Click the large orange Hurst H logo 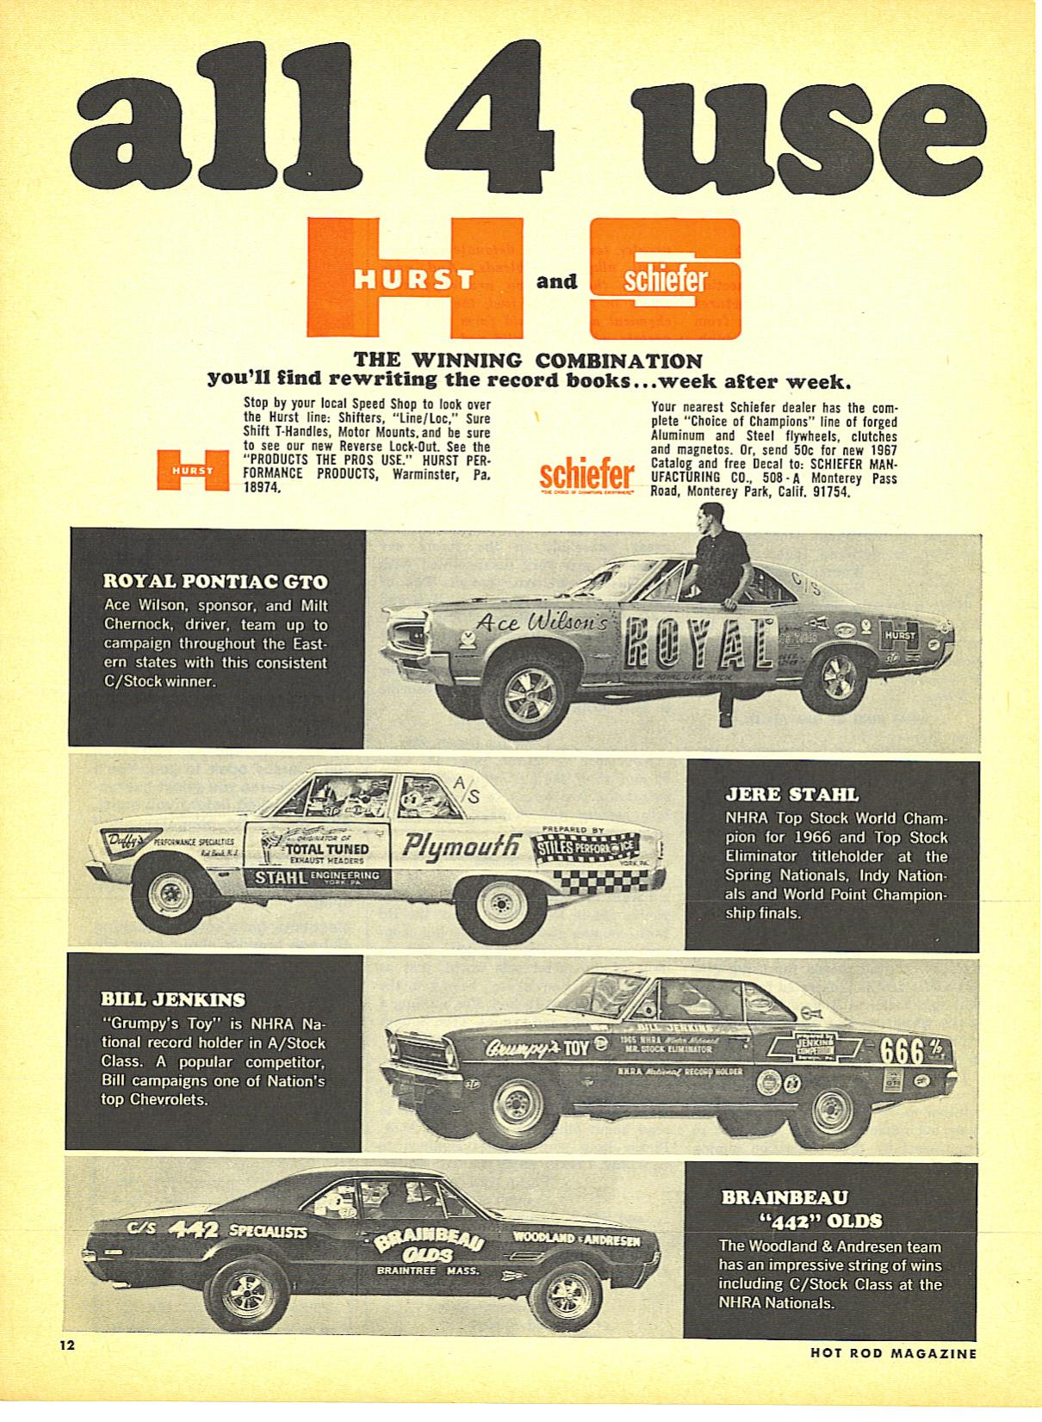point(415,277)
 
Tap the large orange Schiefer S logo point(665,279)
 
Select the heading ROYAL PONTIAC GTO point(215,581)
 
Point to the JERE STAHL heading point(792,794)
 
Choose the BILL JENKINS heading point(173,999)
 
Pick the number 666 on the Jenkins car point(902,1051)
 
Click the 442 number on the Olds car point(193,1229)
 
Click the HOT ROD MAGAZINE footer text point(893,1353)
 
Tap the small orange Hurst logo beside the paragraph point(192,470)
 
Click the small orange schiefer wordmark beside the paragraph point(586,474)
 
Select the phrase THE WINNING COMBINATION point(529,360)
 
